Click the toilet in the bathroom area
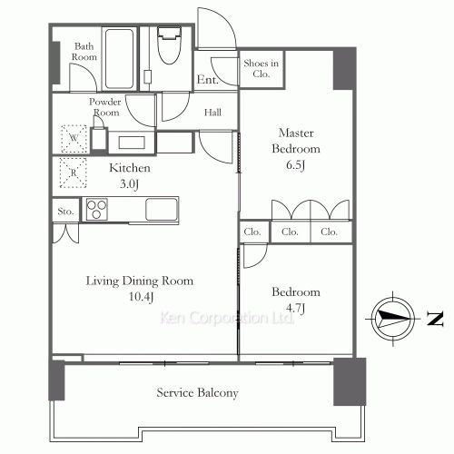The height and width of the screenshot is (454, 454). [170, 45]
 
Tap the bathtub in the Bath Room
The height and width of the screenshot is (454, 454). [119, 58]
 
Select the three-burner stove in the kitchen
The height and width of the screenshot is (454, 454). [96, 209]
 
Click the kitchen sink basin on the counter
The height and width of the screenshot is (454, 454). [162, 209]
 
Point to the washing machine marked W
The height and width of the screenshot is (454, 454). [74, 139]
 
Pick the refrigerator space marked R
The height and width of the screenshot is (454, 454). [74, 173]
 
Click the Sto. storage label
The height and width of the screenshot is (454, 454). [65, 212]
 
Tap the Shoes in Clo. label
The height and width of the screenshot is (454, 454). [261, 68]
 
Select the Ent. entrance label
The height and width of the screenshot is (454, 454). [207, 80]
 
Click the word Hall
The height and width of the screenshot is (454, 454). [212, 113]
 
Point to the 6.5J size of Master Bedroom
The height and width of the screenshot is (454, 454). [295, 165]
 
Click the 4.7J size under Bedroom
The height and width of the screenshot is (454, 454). [295, 308]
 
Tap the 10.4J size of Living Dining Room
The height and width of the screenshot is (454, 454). [141, 297]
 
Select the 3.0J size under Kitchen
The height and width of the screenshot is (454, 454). [129, 183]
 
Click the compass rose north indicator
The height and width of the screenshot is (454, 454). [393, 319]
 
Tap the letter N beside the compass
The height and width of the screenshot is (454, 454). [435, 319]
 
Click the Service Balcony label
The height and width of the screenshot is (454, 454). [197, 392]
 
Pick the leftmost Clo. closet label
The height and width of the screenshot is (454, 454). [252, 232]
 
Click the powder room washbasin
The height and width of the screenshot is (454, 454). [132, 143]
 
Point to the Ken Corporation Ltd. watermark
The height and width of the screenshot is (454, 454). [226, 318]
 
